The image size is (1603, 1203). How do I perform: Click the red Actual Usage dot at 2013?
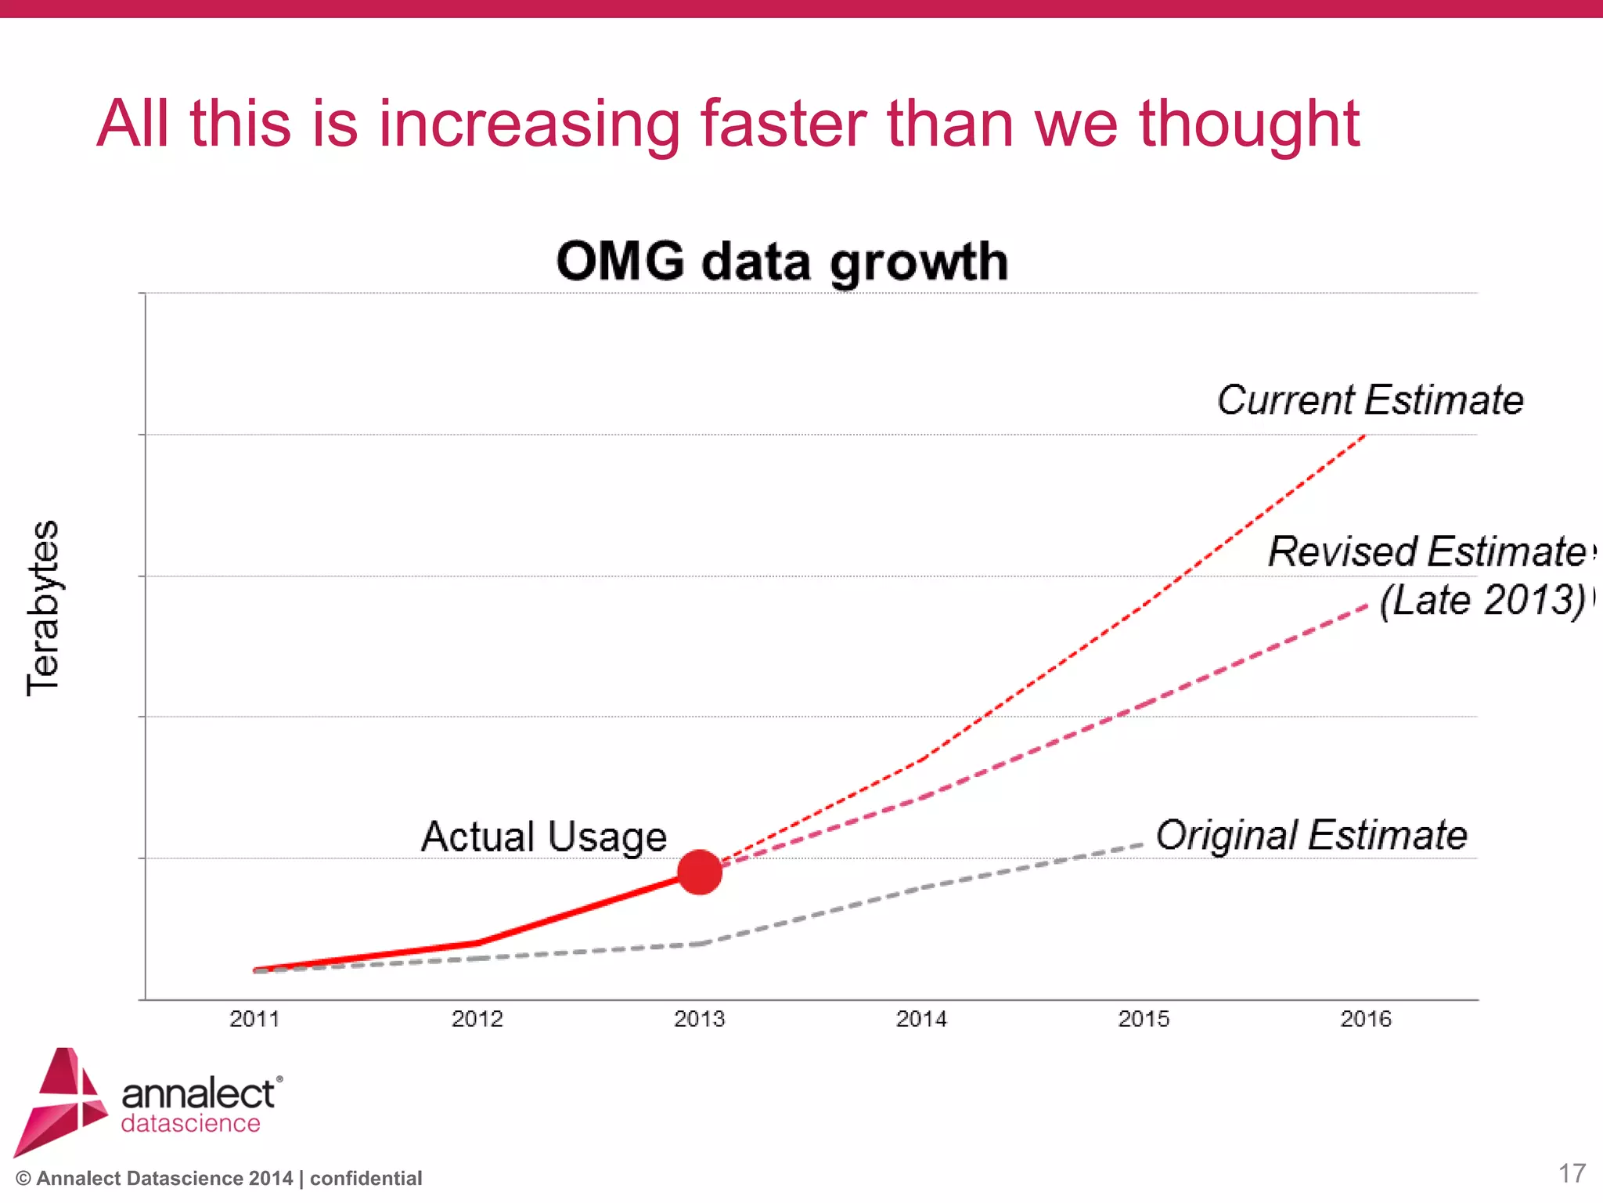[699, 872]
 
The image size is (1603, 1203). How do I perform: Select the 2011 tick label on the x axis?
[254, 1019]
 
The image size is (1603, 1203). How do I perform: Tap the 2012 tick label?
[477, 1019]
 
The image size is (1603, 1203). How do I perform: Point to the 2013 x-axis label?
[699, 1019]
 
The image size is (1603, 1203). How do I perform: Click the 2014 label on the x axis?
[921, 1019]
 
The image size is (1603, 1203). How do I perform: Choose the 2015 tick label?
[1144, 1019]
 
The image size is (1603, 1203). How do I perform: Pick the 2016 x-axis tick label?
[1366, 1019]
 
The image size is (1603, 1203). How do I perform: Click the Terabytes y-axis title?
[43, 608]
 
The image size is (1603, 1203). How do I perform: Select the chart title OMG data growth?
[782, 262]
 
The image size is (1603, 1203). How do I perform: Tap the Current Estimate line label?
[1370, 400]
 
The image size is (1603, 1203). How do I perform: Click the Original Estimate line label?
[1311, 835]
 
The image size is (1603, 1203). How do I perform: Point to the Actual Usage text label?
[544, 836]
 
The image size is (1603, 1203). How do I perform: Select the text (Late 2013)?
[1482, 601]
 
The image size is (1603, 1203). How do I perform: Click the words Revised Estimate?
[1428, 551]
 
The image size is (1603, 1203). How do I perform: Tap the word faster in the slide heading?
[783, 124]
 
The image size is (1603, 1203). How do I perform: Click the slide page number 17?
[1572, 1173]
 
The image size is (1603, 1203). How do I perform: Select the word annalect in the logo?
[199, 1093]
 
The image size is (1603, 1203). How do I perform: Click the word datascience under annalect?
[190, 1123]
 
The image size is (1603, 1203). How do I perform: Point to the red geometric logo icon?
[61, 1100]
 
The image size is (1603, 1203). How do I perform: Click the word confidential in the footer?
[366, 1179]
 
